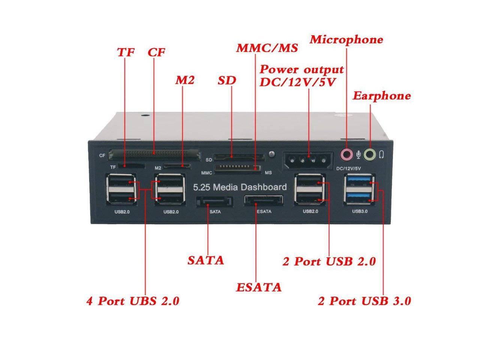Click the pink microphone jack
tap(346, 153)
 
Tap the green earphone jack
tap(370, 153)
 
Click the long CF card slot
tap(154, 153)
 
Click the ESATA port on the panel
tap(263, 200)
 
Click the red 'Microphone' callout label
tap(346, 39)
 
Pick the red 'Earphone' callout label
tap(382, 96)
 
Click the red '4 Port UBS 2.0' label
tap(133, 301)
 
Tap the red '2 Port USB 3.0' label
tap(364, 301)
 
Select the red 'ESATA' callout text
tap(259, 287)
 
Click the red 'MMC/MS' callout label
tap(267, 48)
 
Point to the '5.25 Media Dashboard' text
tap(240, 187)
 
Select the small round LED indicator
tap(272, 154)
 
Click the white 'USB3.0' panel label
tap(360, 211)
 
